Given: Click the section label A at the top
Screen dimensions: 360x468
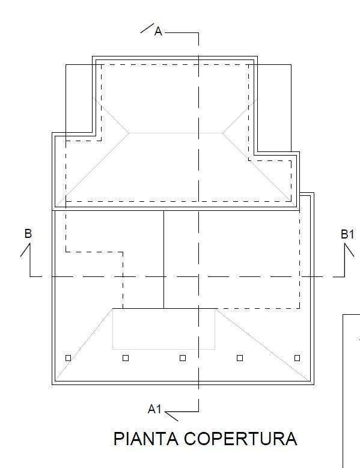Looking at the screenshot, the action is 158,31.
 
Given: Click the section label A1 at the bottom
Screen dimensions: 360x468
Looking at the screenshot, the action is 154,409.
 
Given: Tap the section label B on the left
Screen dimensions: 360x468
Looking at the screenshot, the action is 28,234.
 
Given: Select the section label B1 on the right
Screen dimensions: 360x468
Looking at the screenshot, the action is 347,234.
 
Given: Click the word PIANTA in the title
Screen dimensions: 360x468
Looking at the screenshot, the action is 146,439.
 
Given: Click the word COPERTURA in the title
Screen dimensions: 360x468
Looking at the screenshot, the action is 240,439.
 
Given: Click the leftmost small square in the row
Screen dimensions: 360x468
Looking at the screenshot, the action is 68,358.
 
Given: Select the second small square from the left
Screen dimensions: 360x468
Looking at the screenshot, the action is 126,358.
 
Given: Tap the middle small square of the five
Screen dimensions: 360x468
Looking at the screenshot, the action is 183,358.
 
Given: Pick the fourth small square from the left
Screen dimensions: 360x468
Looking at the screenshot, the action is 240,358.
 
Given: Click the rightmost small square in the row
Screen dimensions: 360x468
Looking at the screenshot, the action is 297,358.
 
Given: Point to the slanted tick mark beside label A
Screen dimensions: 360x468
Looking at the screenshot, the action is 147,28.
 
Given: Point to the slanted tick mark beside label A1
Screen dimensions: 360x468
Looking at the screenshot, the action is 172,417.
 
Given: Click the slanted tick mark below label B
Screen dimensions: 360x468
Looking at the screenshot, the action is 25,250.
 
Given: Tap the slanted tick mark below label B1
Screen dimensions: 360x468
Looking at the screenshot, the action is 350,250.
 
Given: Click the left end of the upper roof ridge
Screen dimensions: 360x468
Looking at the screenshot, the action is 129,133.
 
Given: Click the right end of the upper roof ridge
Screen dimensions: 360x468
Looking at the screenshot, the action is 223,133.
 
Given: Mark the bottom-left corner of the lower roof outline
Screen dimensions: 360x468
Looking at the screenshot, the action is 52,384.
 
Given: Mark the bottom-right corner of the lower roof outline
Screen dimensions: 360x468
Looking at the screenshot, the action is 314,384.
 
